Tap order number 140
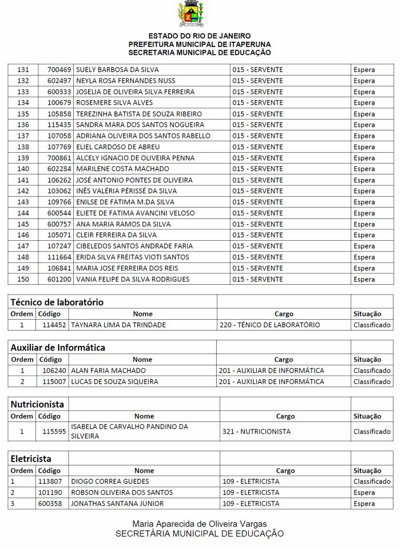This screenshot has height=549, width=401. pyautogui.click(x=23, y=169)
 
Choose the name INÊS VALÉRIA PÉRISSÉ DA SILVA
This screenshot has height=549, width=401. pyautogui.click(x=126, y=191)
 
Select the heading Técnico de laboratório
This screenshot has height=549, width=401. pyautogui.click(x=57, y=302)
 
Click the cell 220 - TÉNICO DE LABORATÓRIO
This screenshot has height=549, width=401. pyautogui.click(x=269, y=325)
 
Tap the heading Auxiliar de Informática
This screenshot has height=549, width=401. pyautogui.click(x=58, y=347)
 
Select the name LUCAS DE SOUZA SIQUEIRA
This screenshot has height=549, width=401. pyautogui.click(x=114, y=381)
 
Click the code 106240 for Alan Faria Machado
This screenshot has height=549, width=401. pyautogui.click(x=54, y=371)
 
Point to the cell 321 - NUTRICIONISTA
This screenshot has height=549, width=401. pyautogui.click(x=256, y=432)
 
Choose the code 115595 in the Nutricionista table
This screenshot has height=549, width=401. pyautogui.click(x=54, y=432)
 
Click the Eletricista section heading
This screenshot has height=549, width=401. pyautogui.click(x=31, y=459)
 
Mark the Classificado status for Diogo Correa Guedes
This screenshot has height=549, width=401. pyautogui.click(x=372, y=482)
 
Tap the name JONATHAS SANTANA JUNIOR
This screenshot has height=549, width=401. pyautogui.click(x=117, y=504)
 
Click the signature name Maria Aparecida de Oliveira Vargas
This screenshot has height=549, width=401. pyautogui.click(x=200, y=524)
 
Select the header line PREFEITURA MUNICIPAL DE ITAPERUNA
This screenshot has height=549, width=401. pyautogui.click(x=200, y=44)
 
